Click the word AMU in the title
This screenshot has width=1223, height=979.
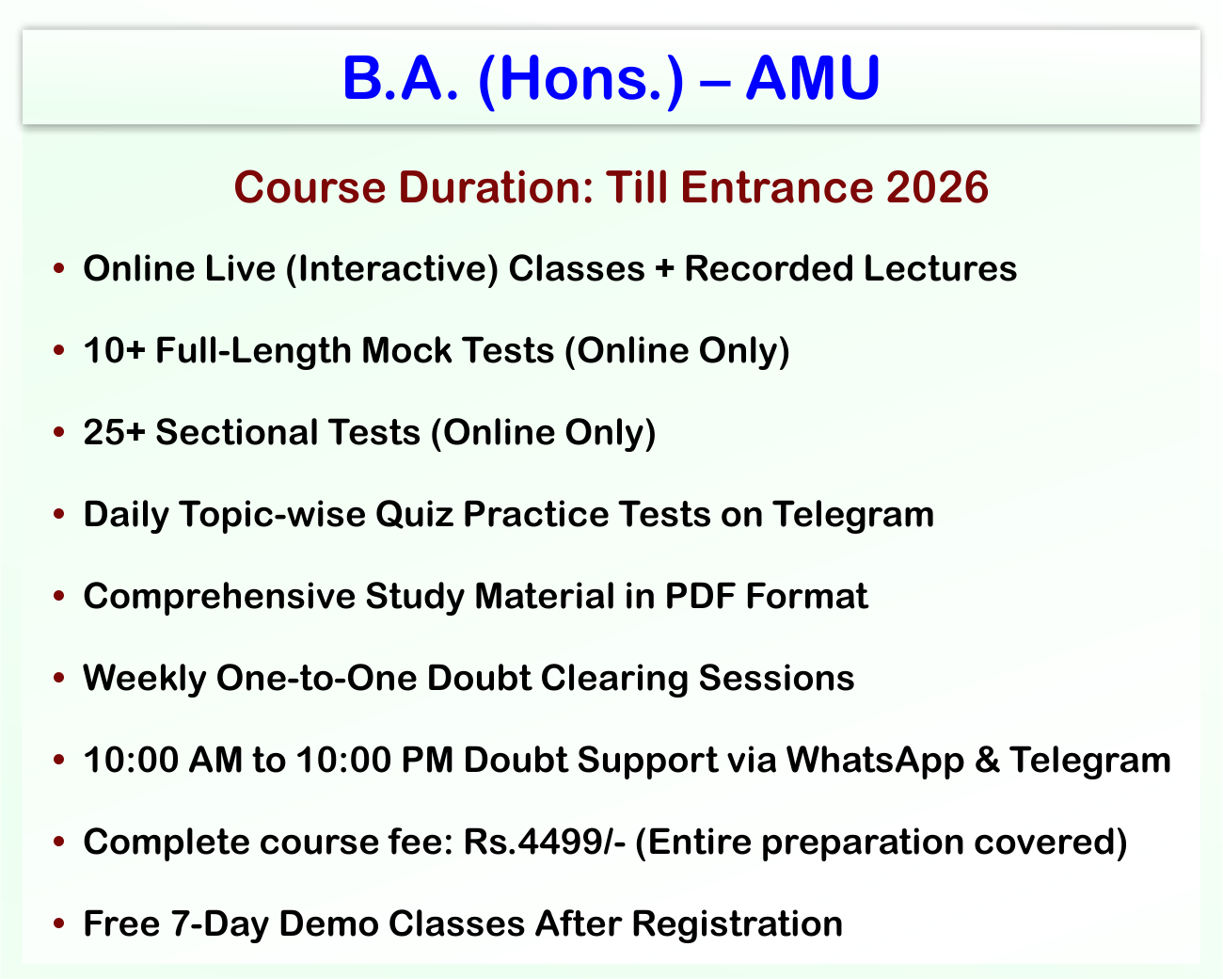pyautogui.click(x=813, y=77)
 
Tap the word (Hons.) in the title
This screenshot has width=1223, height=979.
pyautogui.click(x=581, y=80)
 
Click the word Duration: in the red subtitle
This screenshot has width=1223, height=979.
pyautogui.click(x=497, y=187)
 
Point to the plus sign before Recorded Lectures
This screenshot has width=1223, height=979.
pyautogui.click(x=664, y=268)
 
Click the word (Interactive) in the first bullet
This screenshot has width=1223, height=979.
pyautogui.click(x=392, y=269)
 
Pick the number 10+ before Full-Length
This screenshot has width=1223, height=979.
pyautogui.click(x=114, y=350)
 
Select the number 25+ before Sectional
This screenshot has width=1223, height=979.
pyautogui.click(x=114, y=432)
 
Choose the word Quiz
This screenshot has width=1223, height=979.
pyautogui.click(x=415, y=514)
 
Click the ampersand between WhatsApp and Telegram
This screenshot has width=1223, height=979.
pyautogui.click(x=987, y=760)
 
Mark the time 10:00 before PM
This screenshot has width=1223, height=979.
pyautogui.click(x=343, y=760)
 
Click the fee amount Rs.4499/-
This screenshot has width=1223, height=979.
pyautogui.click(x=545, y=842)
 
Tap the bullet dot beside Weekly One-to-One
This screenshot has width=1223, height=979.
pyautogui.click(x=58, y=678)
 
